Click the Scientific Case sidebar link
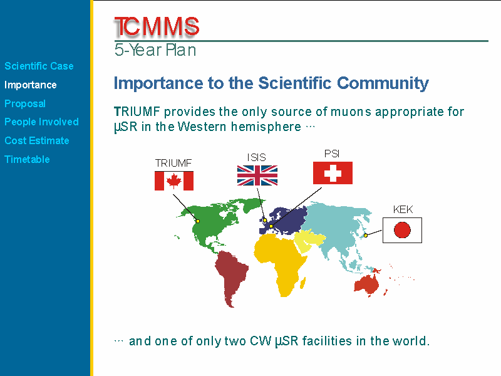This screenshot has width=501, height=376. pos(39,66)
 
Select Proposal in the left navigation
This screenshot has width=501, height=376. pos(25,103)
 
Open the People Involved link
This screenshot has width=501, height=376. pos(41,122)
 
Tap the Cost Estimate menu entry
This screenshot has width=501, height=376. pos(37,140)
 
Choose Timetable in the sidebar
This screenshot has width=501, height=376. pos(27,159)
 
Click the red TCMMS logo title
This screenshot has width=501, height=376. pos(157,26)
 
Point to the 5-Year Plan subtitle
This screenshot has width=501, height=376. pos(155,50)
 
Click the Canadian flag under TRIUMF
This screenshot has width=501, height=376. pos(174,180)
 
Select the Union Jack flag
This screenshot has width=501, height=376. pos(257,175)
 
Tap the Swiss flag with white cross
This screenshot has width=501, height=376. pos(333,173)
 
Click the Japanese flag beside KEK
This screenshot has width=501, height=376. pos(402,230)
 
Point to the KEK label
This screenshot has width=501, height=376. pos(403,209)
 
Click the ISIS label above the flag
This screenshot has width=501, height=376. pos(257,157)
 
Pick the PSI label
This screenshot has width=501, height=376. pos(332,154)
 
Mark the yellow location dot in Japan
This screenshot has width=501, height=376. pos(366,236)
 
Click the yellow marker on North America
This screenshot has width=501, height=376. pos(198,221)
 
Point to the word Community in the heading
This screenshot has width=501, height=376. pos(383,83)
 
